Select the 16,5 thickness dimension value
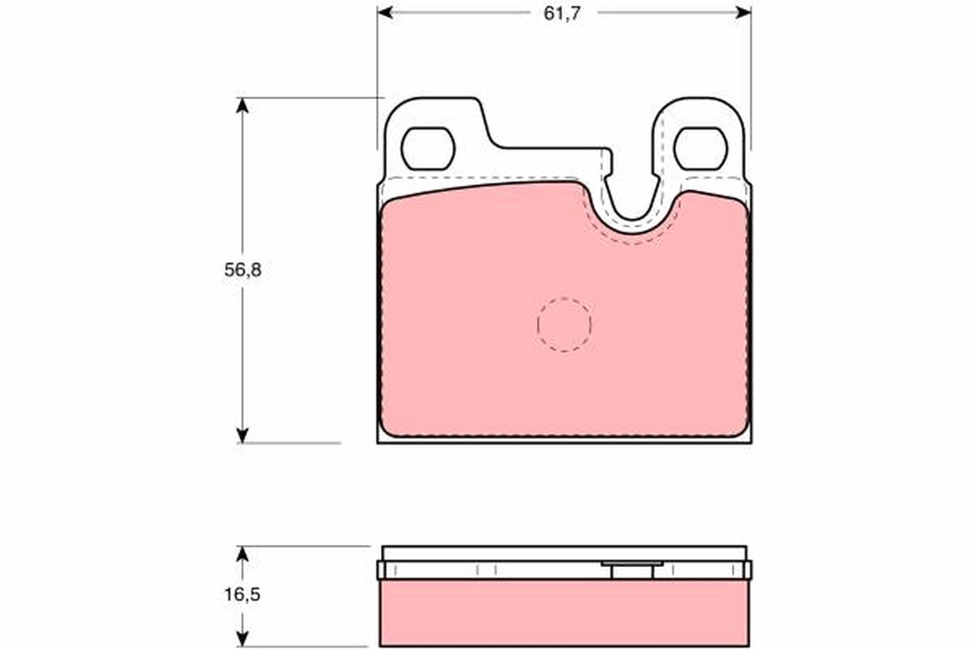[243, 595]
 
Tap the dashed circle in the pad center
[564, 324]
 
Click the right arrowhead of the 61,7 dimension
[744, 13]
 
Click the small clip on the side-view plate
[632, 569]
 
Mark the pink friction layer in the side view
[564, 612]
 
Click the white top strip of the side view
[564, 552]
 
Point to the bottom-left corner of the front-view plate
[379, 441]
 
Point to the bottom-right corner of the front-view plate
[750, 441]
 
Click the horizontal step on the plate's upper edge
[552, 149]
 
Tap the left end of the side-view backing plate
[381, 569]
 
